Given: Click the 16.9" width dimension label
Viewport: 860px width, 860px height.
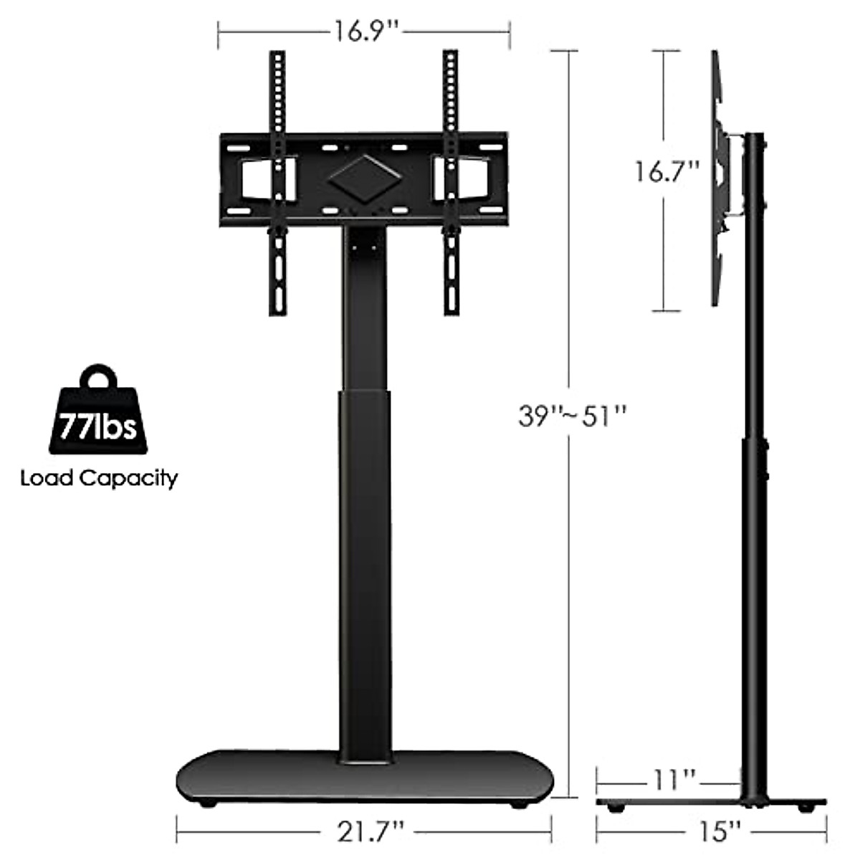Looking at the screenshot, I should point(364,32).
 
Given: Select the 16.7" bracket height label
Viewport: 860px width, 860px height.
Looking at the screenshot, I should point(666,172).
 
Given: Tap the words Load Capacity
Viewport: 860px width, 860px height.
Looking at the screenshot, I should point(99,478).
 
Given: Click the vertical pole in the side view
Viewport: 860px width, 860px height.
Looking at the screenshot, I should point(754,502).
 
